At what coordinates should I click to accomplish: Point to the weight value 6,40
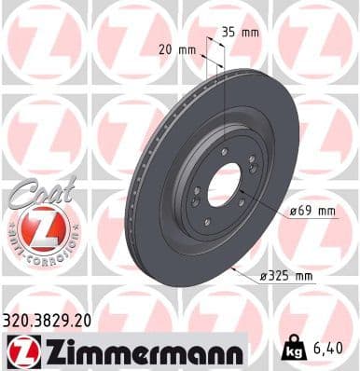click(333, 348)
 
